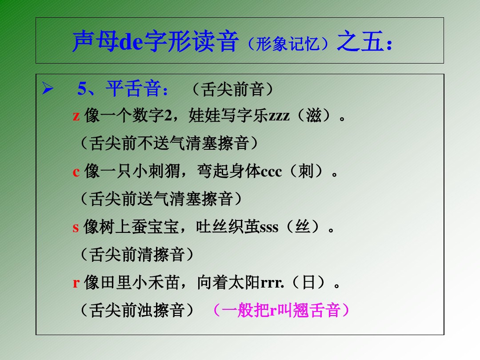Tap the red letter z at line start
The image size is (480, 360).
[x=76, y=117]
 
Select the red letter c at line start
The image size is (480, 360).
[x=76, y=172]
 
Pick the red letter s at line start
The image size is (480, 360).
[x=76, y=228]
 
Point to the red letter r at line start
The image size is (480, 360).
[x=76, y=283]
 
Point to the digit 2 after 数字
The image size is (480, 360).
[x=168, y=117]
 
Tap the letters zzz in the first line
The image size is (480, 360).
[x=279, y=117]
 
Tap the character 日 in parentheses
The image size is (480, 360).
[x=309, y=283]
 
